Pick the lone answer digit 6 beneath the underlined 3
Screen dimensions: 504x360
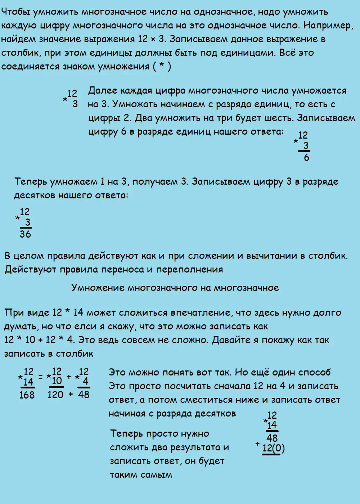(x=306, y=158)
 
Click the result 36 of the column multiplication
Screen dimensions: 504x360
(x=25, y=234)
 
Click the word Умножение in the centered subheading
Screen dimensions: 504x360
(x=98, y=288)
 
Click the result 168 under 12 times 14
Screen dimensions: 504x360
(x=27, y=395)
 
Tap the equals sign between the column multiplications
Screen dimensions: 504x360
(x=41, y=377)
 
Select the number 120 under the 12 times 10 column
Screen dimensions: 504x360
(x=55, y=395)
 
